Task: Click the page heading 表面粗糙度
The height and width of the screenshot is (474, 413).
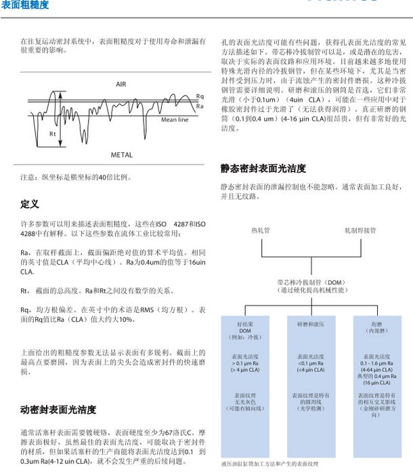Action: [x=26, y=5]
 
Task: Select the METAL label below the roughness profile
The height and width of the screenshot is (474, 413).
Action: [x=121, y=155]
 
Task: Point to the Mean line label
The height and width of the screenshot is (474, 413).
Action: [x=175, y=120]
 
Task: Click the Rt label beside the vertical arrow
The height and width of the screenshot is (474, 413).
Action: [x=53, y=134]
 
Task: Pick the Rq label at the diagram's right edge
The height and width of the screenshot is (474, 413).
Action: [x=200, y=97]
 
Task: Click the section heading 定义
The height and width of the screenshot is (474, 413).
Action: [x=30, y=203]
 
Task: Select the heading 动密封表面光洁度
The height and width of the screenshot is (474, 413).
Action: [x=58, y=410]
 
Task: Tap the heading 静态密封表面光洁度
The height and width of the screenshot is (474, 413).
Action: [x=263, y=168]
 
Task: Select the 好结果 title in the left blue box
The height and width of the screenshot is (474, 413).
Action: [x=244, y=324]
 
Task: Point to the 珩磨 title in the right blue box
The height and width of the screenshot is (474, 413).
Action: [x=376, y=325]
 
